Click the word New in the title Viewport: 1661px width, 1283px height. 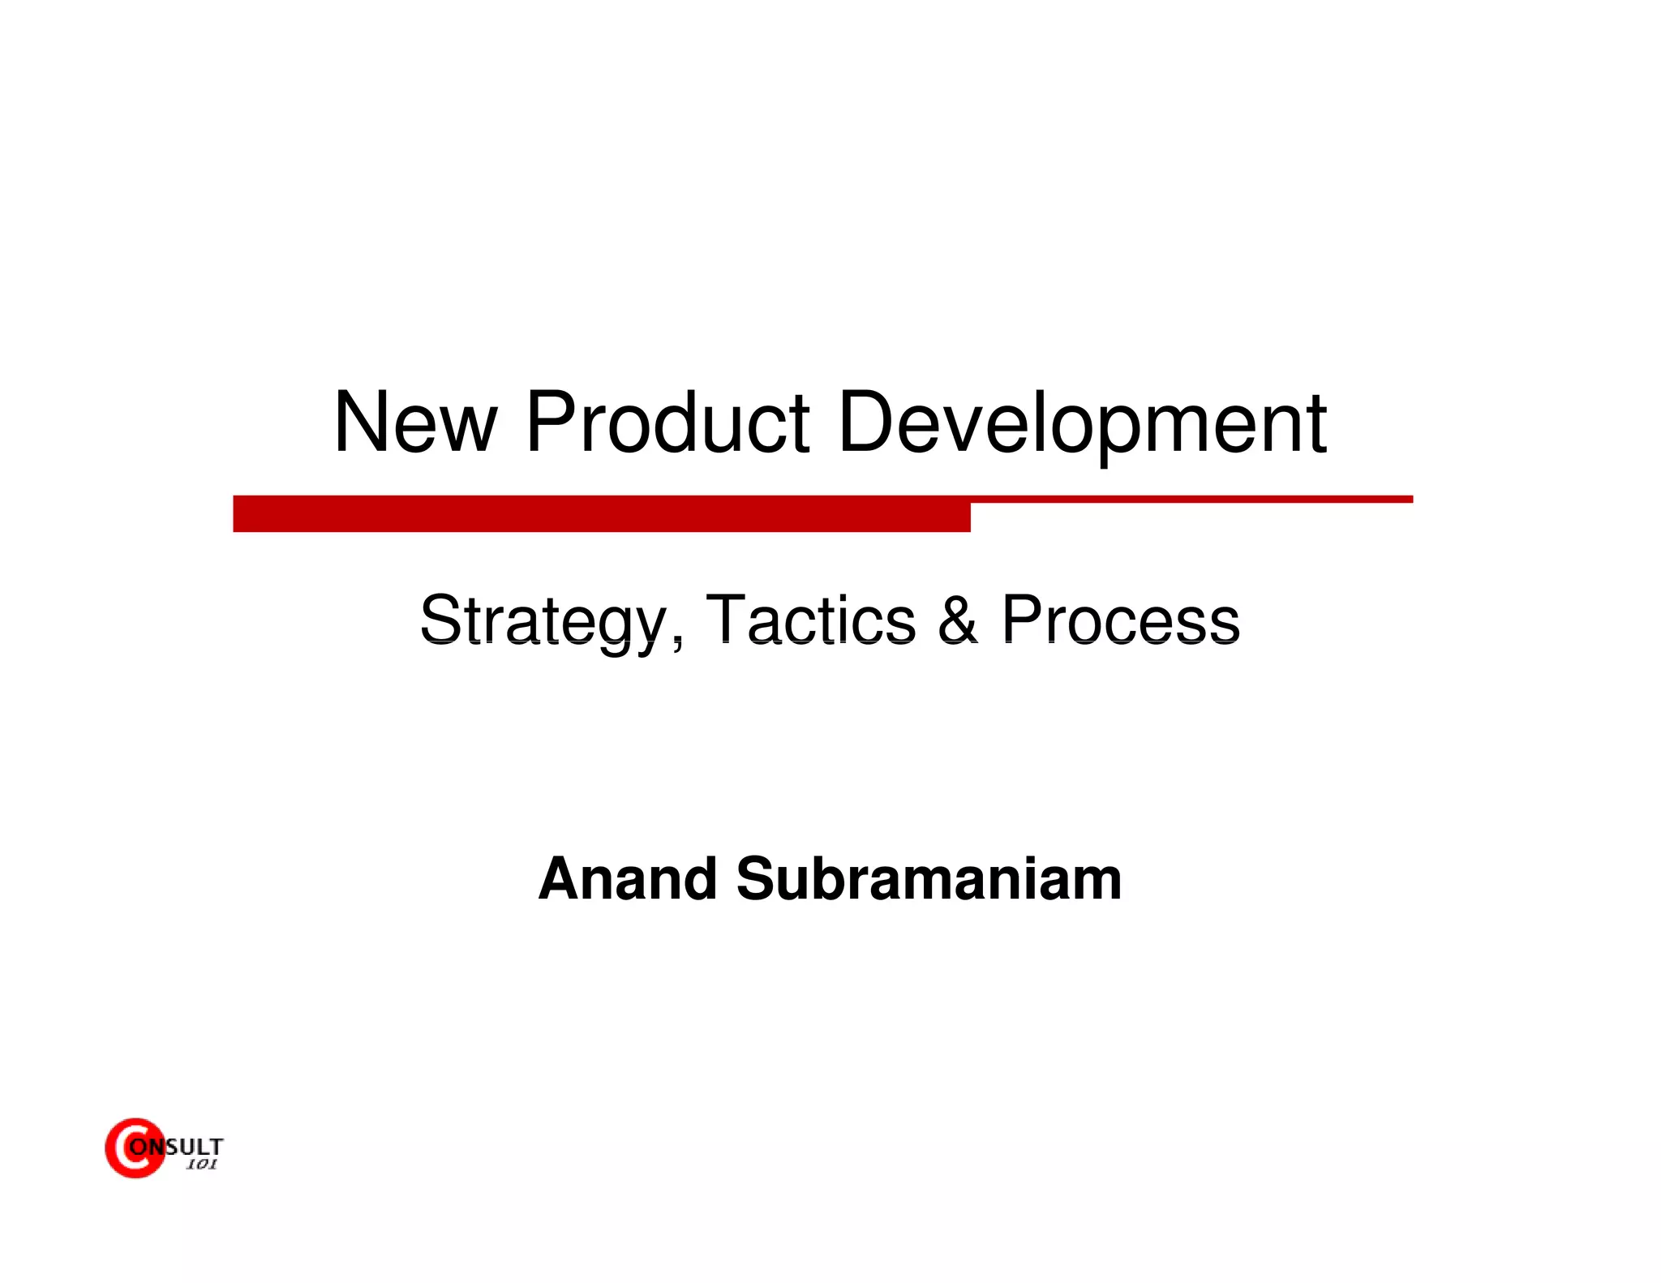point(414,423)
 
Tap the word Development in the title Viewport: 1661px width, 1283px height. point(1082,423)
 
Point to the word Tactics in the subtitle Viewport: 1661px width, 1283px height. point(811,620)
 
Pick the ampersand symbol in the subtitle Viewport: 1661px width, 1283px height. point(958,620)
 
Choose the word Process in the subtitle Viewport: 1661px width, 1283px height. point(1120,620)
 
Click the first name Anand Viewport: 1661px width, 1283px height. point(628,879)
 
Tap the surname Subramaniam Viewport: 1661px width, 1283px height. point(929,879)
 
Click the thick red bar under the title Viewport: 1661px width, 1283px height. point(601,513)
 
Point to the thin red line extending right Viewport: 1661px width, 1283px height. point(1192,499)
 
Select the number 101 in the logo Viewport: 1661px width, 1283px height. point(201,1165)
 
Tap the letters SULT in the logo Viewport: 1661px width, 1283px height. point(195,1147)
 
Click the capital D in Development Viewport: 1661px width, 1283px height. point(867,423)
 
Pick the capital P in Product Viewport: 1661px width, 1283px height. point(551,423)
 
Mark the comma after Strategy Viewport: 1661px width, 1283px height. point(677,641)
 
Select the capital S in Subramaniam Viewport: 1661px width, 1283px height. point(759,879)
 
